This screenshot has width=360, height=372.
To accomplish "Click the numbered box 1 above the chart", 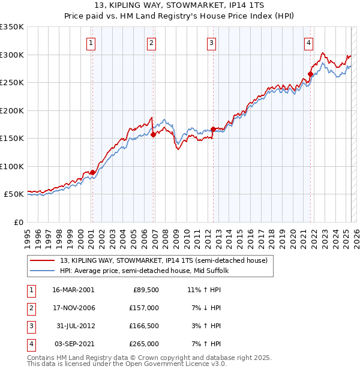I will (91, 43).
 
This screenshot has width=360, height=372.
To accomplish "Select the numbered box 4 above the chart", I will (308, 43).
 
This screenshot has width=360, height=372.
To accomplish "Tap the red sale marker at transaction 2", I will (153, 135).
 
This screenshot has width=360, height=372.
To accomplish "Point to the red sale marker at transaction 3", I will (213, 129).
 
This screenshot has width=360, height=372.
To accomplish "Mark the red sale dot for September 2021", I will (310, 74).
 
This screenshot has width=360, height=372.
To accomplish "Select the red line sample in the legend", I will (43, 260).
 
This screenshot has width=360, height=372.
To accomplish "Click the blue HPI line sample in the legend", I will (43, 271).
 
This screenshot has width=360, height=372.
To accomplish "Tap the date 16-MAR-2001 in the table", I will (73, 289).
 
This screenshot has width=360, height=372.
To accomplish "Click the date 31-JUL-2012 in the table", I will (73, 326).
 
